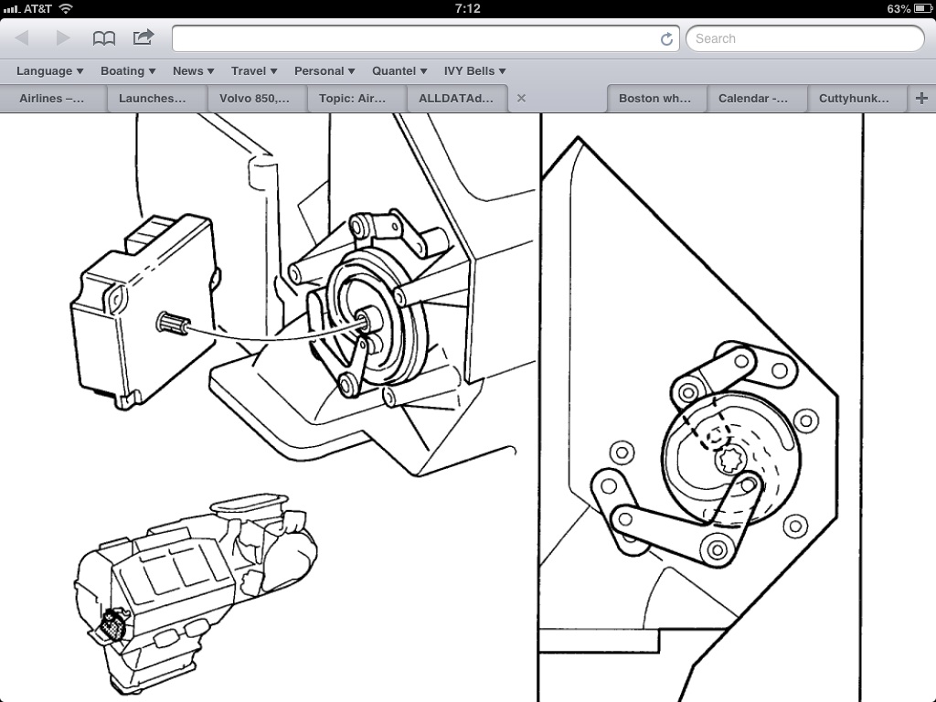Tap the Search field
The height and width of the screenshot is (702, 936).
[804, 38]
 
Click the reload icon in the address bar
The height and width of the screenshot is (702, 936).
[666, 39]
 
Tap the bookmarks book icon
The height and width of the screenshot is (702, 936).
[104, 38]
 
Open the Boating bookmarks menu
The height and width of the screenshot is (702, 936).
[128, 71]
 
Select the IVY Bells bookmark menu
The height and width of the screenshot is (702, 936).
[474, 71]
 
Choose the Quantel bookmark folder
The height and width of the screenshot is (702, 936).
[399, 71]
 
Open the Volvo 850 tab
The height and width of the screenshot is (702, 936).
[254, 99]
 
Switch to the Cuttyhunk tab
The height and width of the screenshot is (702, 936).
[854, 99]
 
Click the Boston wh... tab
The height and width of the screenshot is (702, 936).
[654, 99]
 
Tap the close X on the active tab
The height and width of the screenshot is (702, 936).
[521, 99]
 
